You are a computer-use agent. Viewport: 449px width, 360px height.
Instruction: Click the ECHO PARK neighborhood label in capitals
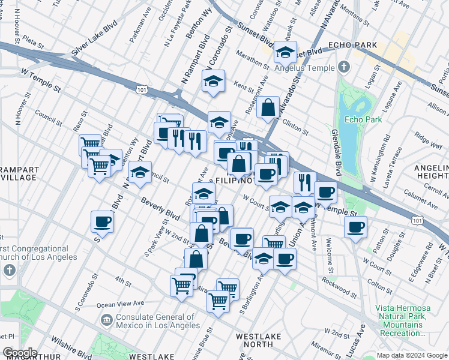point(352,46)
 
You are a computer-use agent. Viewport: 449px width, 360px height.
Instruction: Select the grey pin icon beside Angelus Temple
point(343,66)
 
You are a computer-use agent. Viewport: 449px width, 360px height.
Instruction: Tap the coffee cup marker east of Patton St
point(355,227)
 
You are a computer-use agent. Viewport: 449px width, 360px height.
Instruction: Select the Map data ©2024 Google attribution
point(411,355)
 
